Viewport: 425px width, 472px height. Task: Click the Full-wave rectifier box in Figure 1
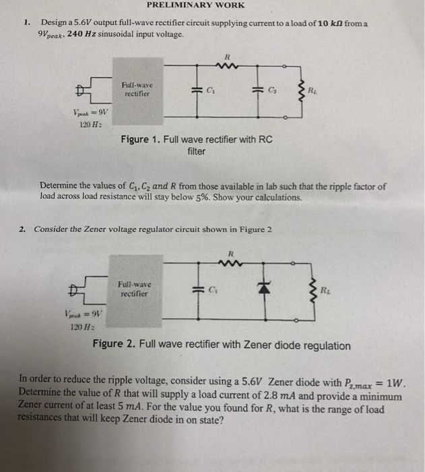(137, 90)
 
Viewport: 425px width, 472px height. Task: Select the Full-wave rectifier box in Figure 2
(133, 289)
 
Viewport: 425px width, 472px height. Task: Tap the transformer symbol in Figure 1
(84, 89)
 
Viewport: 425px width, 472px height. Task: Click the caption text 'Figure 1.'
(139, 140)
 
